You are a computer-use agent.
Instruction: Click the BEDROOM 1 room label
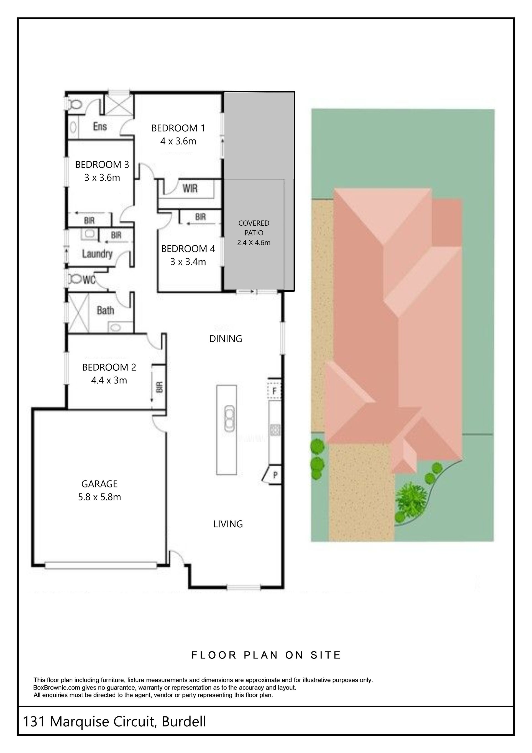178,128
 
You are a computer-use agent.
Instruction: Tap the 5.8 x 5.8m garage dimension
99,497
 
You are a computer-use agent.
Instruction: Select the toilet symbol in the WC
75,279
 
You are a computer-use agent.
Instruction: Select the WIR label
190,189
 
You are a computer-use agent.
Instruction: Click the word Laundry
97,254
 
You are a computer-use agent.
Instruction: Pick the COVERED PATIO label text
254,228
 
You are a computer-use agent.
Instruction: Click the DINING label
226,339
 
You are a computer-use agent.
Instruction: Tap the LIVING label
228,524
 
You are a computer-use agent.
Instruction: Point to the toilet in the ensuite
75,104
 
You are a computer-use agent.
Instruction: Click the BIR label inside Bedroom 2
159,387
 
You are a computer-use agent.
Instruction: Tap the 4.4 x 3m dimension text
109,380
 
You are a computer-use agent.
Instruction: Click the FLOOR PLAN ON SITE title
266,655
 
